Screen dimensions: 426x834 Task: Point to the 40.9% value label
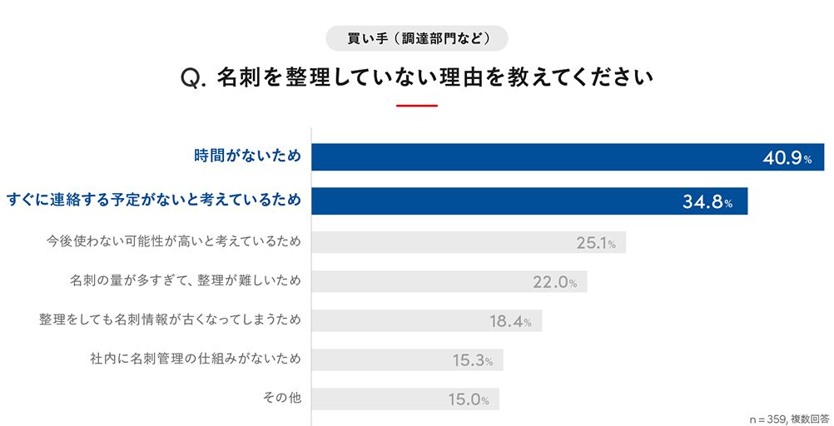[787, 158]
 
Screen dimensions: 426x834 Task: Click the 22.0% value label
[555, 282]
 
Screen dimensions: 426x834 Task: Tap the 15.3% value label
[473, 360]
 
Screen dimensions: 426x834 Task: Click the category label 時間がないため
[247, 156]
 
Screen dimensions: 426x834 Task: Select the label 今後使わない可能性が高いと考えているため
[173, 241]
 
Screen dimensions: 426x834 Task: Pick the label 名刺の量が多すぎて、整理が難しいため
[185, 281]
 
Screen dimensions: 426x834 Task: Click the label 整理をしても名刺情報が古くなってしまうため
[170, 320]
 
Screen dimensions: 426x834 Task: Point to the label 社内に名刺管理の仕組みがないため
[195, 359]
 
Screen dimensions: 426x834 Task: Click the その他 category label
[281, 399]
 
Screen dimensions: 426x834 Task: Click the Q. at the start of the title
[192, 79]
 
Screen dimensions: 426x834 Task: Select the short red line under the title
[417, 106]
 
